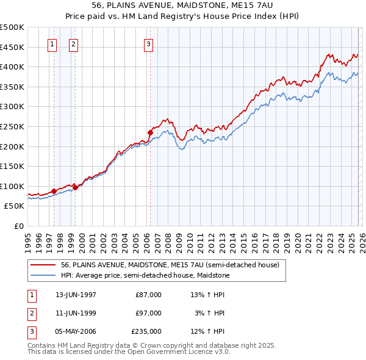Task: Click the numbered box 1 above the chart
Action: (x=52, y=44)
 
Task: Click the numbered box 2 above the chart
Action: (x=73, y=44)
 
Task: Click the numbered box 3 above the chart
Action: (x=148, y=44)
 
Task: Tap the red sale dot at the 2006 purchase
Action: (x=150, y=132)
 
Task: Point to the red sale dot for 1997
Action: (x=54, y=191)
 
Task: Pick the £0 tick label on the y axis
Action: (x=19, y=226)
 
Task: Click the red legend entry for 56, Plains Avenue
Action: (x=170, y=265)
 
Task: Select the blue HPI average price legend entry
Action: (x=145, y=275)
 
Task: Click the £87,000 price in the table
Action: (x=149, y=295)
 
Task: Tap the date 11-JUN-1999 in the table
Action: (x=76, y=313)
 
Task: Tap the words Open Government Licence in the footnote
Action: (x=182, y=352)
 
